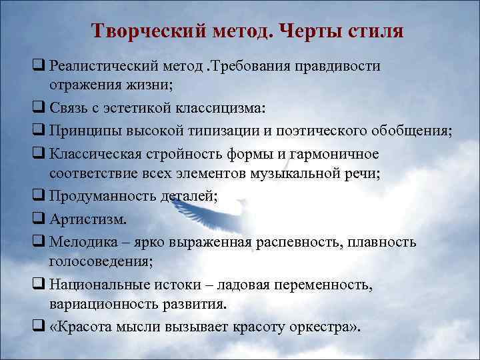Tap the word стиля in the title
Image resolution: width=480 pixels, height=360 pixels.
click(x=371, y=31)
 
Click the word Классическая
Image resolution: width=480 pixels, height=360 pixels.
click(x=93, y=154)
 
